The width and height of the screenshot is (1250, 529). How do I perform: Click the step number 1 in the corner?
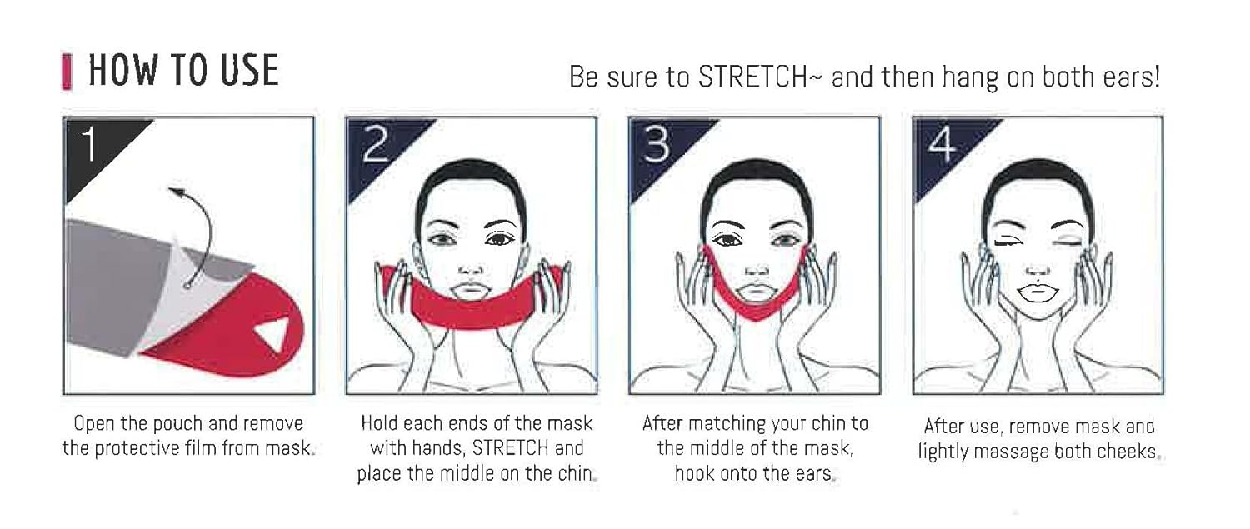(x=89, y=143)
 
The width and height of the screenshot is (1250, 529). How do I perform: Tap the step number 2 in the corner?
(x=376, y=144)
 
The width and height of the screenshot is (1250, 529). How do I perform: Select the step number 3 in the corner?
(x=657, y=144)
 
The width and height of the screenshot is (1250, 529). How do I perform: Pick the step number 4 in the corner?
(x=942, y=144)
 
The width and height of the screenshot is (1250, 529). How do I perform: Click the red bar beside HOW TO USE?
(x=67, y=72)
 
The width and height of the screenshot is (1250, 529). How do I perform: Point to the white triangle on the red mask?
(x=273, y=334)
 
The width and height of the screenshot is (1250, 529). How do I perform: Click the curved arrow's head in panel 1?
(x=177, y=192)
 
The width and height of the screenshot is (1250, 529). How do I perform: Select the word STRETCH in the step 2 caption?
(x=511, y=448)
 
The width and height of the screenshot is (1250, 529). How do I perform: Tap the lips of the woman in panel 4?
(x=1037, y=292)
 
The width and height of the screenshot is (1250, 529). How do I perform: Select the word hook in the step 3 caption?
(x=695, y=473)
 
